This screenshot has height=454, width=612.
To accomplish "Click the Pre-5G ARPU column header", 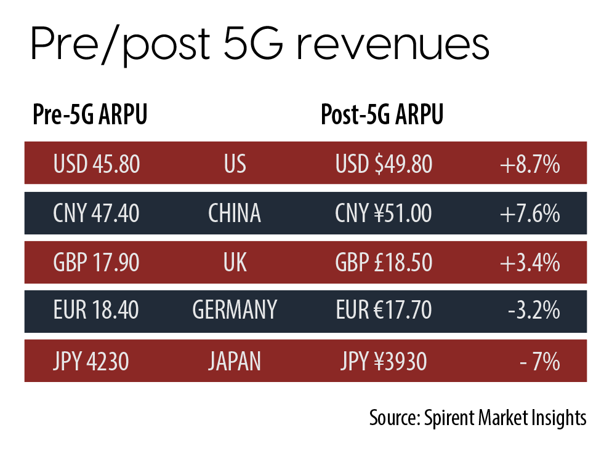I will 90,116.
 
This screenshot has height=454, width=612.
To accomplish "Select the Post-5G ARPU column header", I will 382,116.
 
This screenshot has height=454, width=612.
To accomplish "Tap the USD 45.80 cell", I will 97,164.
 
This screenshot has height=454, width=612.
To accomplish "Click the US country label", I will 235,164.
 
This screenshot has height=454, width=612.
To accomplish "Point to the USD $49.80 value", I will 384,164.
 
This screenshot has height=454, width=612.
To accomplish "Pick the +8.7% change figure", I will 529,164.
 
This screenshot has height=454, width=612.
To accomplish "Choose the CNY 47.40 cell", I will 97,213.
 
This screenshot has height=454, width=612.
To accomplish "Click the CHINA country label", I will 235,213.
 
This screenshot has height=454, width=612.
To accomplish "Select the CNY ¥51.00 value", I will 384,213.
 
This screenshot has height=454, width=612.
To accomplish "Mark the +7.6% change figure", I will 529,213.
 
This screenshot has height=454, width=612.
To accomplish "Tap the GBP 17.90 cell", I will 97,263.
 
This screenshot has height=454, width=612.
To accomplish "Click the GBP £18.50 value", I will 384,263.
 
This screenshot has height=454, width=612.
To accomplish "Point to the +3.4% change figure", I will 529,263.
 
